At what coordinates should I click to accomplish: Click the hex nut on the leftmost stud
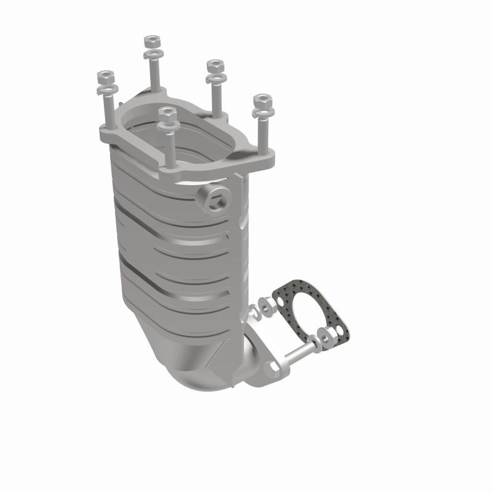[x=105, y=78]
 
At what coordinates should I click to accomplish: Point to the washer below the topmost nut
[x=151, y=54]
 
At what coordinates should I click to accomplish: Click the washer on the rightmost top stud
[x=263, y=113]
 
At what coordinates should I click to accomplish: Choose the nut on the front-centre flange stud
[x=166, y=114]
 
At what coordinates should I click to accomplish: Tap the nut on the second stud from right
[x=214, y=65]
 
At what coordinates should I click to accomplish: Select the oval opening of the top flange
[x=184, y=132]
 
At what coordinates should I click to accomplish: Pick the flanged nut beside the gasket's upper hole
[x=265, y=304]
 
